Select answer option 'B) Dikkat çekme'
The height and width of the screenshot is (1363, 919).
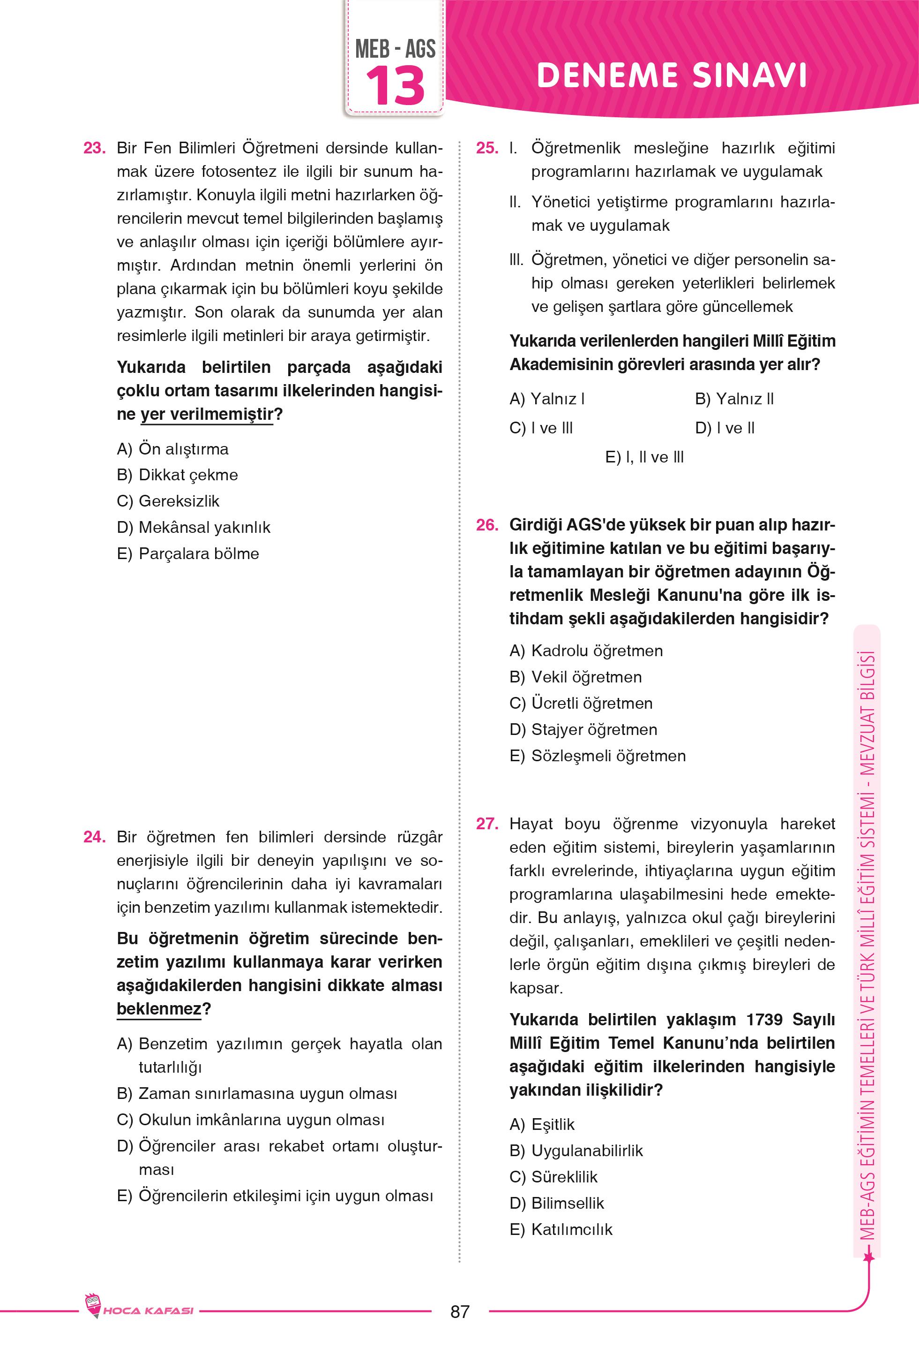pyautogui.click(x=178, y=475)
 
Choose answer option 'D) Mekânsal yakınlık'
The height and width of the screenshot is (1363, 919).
pyautogui.click(x=194, y=528)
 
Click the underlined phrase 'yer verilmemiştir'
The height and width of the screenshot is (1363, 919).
pyautogui.click(x=207, y=415)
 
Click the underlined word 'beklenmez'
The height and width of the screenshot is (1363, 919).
pyautogui.click(x=159, y=1009)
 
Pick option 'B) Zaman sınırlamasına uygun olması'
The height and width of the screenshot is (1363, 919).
pyautogui.click(x=257, y=1094)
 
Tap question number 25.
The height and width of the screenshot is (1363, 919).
pyautogui.click(x=486, y=148)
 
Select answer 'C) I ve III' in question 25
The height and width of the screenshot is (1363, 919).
pyautogui.click(x=541, y=428)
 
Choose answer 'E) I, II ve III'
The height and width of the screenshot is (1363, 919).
pyautogui.click(x=644, y=457)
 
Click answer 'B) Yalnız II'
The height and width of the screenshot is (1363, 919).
pyautogui.click(x=734, y=399)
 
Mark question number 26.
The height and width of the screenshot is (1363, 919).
pyautogui.click(x=486, y=525)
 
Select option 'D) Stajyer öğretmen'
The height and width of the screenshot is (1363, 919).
pyautogui.click(x=583, y=730)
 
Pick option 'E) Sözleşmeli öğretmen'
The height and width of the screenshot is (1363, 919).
pyautogui.click(x=597, y=756)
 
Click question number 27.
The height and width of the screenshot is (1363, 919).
pyautogui.click(x=486, y=824)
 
